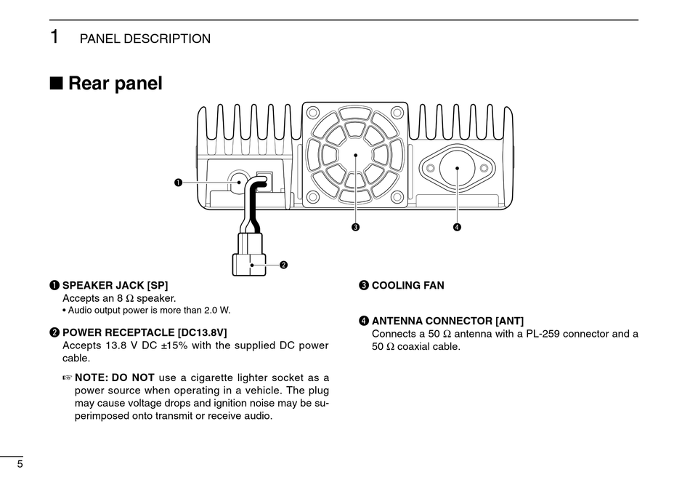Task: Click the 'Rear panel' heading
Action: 115,84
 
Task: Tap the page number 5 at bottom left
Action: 20,464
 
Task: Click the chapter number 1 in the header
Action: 54,37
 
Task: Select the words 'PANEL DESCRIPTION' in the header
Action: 145,39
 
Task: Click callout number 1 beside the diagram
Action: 177,182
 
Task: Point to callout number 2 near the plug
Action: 284,265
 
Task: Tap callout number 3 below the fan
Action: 355,227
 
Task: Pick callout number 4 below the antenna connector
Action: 457,227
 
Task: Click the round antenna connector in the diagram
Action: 457,168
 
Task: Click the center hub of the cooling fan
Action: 355,154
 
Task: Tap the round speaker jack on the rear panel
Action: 238,181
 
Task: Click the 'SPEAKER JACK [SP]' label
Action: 115,286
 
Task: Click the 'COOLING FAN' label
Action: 407,286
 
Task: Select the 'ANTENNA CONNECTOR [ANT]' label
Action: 447,321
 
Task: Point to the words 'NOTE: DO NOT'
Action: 115,377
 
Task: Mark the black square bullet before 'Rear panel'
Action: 56,84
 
